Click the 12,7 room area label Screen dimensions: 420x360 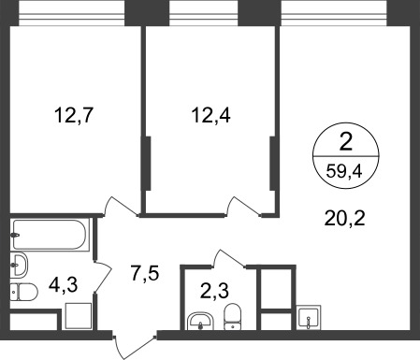(x=74, y=115)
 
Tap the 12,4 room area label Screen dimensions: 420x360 (x=210, y=115)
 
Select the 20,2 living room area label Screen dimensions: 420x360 (x=344, y=218)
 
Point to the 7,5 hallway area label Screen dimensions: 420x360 (x=145, y=273)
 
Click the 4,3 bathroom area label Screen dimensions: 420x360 (x=64, y=284)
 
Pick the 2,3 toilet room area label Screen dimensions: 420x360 (x=214, y=291)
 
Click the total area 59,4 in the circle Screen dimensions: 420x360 (x=344, y=171)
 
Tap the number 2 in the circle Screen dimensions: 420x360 (x=345, y=143)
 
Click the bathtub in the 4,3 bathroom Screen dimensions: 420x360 (x=50, y=235)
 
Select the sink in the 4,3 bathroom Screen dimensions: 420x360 (x=19, y=265)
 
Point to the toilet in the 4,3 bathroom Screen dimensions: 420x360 (x=23, y=292)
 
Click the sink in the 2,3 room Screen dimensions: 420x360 (x=200, y=321)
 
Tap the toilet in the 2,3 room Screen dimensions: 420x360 (x=233, y=317)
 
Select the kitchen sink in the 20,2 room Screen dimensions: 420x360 (x=308, y=317)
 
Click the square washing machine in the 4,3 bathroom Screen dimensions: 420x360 (x=79, y=316)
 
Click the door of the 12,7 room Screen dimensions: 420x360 (x=121, y=207)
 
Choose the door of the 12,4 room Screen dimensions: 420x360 (x=243, y=207)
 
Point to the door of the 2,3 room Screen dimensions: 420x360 (x=229, y=258)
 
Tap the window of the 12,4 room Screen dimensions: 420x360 (x=204, y=14)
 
